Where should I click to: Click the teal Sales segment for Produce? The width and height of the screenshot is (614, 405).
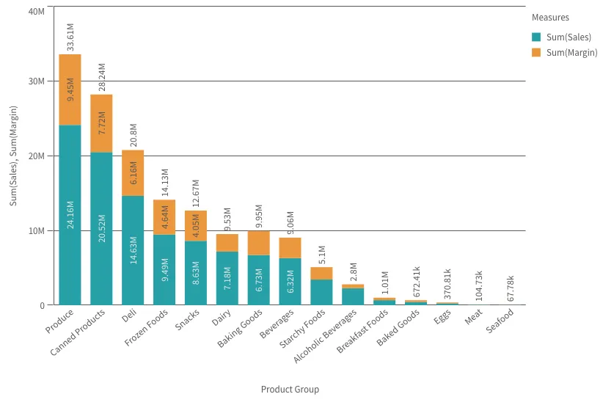(x=70, y=214)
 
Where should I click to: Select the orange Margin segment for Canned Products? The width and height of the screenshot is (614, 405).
(x=101, y=123)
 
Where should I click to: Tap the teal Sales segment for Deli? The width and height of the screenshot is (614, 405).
(x=133, y=249)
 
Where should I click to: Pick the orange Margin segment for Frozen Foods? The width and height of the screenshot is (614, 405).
(x=164, y=216)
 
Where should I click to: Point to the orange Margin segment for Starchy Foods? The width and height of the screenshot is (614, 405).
(x=321, y=273)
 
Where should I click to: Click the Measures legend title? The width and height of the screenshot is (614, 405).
(x=550, y=18)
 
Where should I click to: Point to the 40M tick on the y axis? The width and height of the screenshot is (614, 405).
(x=35, y=12)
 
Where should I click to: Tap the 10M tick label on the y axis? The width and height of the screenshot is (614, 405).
(x=35, y=230)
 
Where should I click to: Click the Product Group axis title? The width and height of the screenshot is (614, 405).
(x=290, y=390)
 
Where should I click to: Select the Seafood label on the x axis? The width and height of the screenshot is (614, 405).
(x=501, y=321)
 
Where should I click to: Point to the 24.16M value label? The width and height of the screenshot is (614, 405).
(x=70, y=214)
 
